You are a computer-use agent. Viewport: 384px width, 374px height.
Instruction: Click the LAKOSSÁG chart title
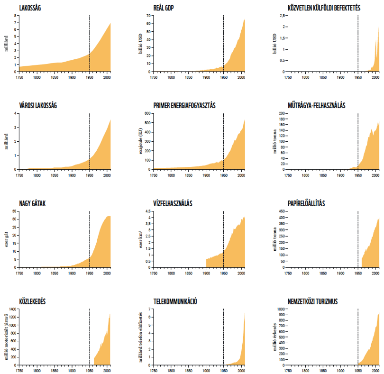tap(30, 8)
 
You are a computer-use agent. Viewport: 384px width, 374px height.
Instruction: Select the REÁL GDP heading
tap(164, 8)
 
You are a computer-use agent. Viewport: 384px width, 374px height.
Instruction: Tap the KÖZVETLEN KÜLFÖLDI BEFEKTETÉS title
tap(324, 8)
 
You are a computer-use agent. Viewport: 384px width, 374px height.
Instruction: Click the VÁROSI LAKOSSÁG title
tap(38, 106)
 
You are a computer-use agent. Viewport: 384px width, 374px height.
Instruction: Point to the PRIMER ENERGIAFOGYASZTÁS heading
tap(184, 106)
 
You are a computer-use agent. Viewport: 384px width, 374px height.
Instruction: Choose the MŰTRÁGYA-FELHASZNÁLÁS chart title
tap(316, 106)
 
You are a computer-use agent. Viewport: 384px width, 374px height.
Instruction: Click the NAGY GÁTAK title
tap(32, 203)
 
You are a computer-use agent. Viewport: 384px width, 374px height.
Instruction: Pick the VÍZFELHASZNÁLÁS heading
tap(173, 203)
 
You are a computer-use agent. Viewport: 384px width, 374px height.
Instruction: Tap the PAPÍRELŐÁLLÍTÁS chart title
tap(306, 203)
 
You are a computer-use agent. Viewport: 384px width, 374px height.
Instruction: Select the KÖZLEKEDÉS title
tap(32, 301)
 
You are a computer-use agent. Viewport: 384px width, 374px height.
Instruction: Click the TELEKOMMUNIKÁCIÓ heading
tap(175, 301)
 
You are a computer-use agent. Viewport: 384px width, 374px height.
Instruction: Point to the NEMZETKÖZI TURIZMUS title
tap(313, 301)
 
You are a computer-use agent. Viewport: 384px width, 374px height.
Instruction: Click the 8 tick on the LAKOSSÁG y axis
tap(16, 16)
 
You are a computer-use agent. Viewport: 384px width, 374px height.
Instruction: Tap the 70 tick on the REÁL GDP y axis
tap(148, 16)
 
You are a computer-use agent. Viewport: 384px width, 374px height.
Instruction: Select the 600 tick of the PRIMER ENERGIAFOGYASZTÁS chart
tap(147, 113)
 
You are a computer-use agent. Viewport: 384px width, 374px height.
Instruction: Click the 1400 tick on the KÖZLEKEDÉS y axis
tap(12, 309)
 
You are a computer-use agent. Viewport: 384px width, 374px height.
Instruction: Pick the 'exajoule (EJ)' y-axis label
tap(141, 141)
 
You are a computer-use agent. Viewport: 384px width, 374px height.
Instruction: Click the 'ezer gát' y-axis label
tap(6, 239)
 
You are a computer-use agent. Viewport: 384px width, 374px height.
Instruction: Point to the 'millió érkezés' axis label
tap(275, 337)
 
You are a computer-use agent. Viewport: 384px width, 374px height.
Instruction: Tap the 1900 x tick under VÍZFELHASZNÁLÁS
tap(206, 274)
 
